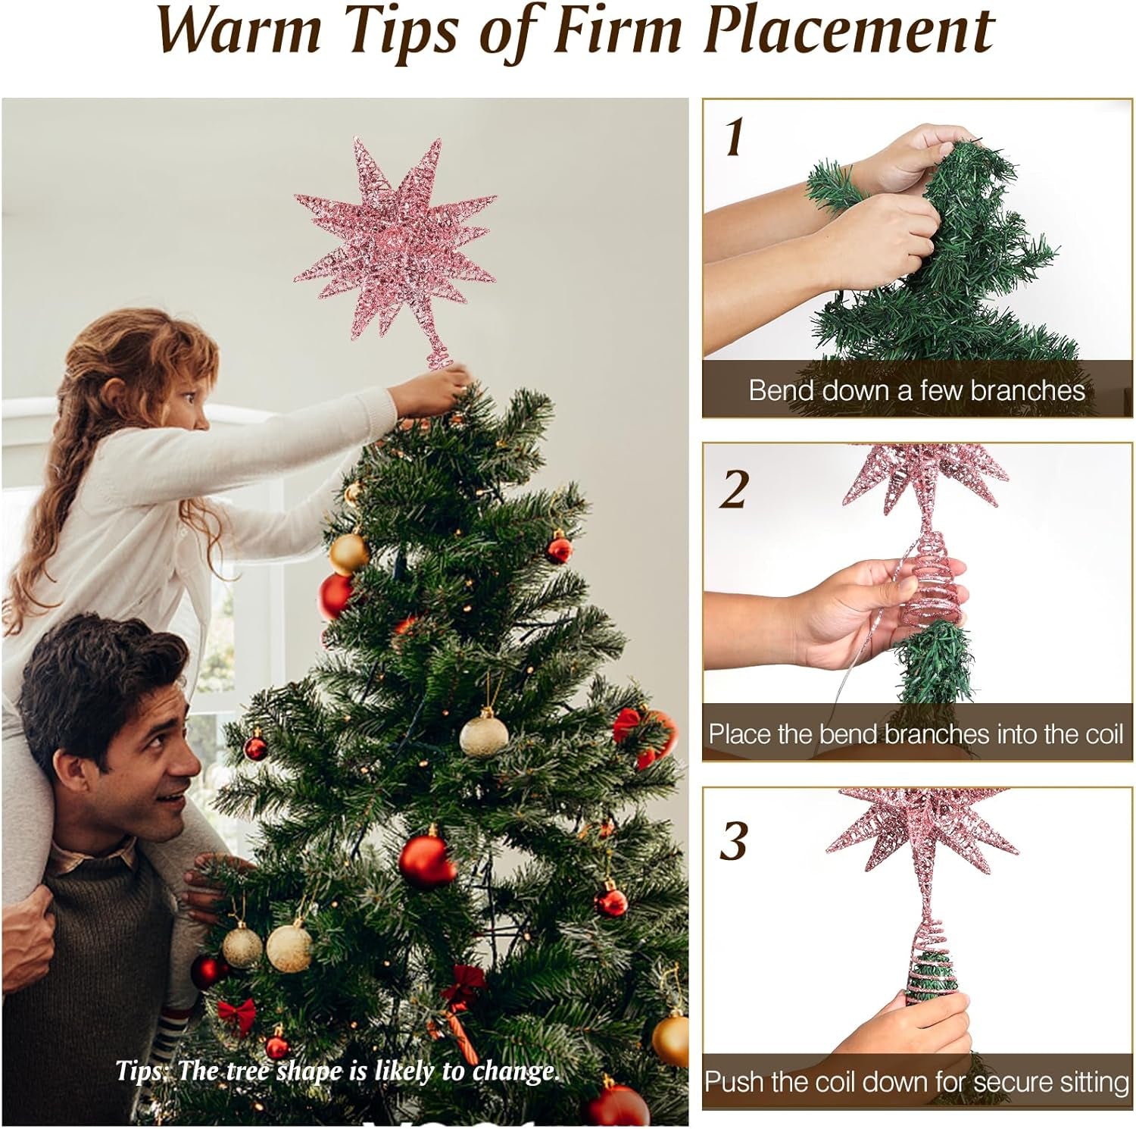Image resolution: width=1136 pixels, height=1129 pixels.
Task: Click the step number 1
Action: point(733,137)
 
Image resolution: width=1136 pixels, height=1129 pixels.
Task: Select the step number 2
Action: point(733,490)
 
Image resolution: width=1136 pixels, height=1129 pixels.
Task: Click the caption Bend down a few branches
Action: point(916,390)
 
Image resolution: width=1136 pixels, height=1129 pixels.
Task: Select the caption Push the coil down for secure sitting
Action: point(916,1081)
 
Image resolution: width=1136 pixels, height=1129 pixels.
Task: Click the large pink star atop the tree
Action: point(395,242)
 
